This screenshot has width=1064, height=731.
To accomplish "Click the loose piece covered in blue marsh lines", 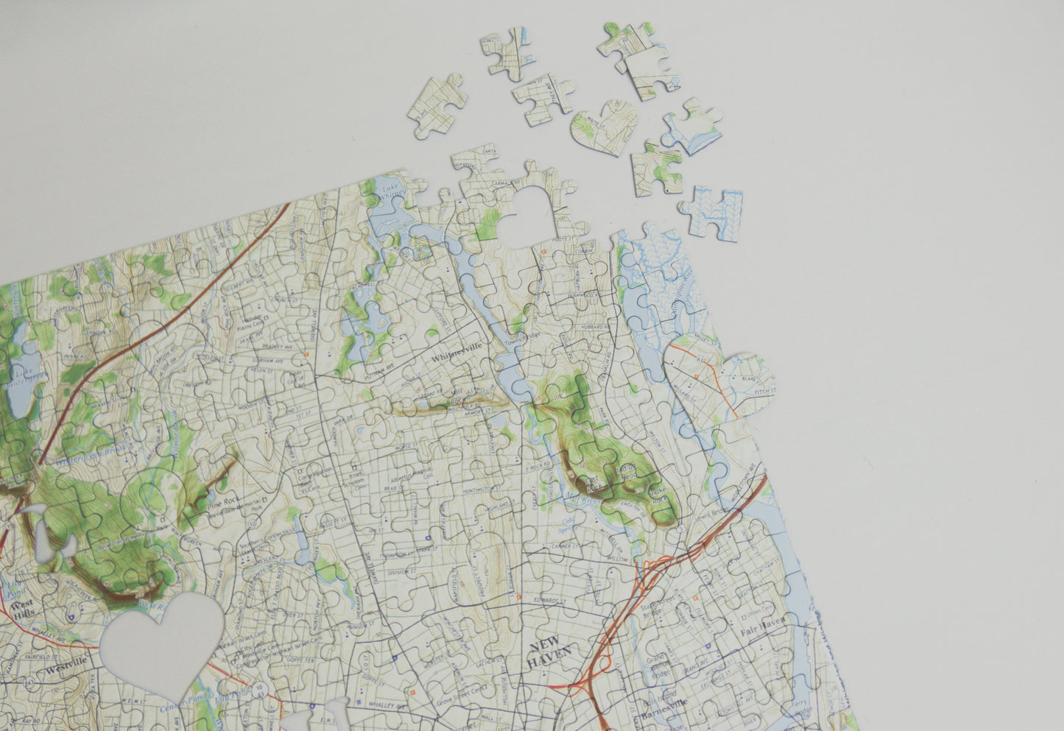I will coord(712,212).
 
